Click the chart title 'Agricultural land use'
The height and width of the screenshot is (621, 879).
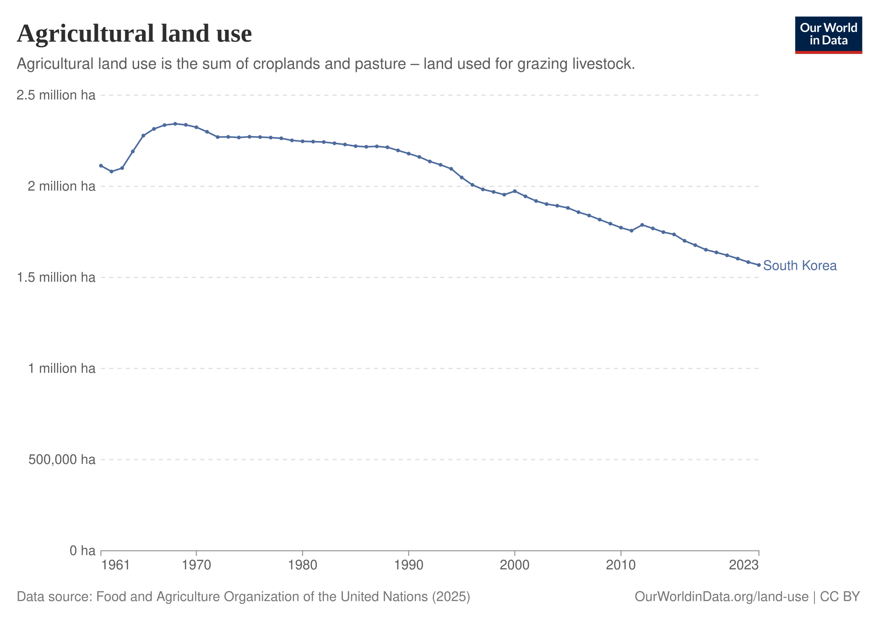(x=135, y=34)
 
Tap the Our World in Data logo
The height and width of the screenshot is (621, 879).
(x=829, y=35)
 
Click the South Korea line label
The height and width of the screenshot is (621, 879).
(x=800, y=266)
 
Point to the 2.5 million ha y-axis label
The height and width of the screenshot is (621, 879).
(x=56, y=95)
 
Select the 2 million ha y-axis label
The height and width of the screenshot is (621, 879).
(x=62, y=186)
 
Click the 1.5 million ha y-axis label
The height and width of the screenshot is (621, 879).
(x=56, y=278)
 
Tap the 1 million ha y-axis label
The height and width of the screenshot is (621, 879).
(x=62, y=368)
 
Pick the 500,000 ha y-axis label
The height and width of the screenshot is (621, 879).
(x=62, y=459)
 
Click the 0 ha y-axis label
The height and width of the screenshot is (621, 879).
(x=82, y=550)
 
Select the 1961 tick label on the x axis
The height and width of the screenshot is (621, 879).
(x=116, y=565)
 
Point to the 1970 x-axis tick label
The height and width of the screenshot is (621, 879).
(x=196, y=565)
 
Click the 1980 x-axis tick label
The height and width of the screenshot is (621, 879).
(x=303, y=565)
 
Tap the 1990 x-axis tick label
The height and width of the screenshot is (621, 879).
(x=408, y=565)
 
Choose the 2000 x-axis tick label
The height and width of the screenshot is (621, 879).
(x=515, y=565)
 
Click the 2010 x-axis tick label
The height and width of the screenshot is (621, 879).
(x=621, y=565)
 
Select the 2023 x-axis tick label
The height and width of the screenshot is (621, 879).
(x=744, y=565)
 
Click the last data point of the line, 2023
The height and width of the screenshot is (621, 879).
(x=759, y=265)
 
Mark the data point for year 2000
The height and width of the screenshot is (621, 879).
(x=515, y=191)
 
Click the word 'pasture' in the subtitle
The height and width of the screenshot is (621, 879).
(x=378, y=64)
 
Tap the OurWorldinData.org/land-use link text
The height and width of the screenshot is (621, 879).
(x=722, y=597)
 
